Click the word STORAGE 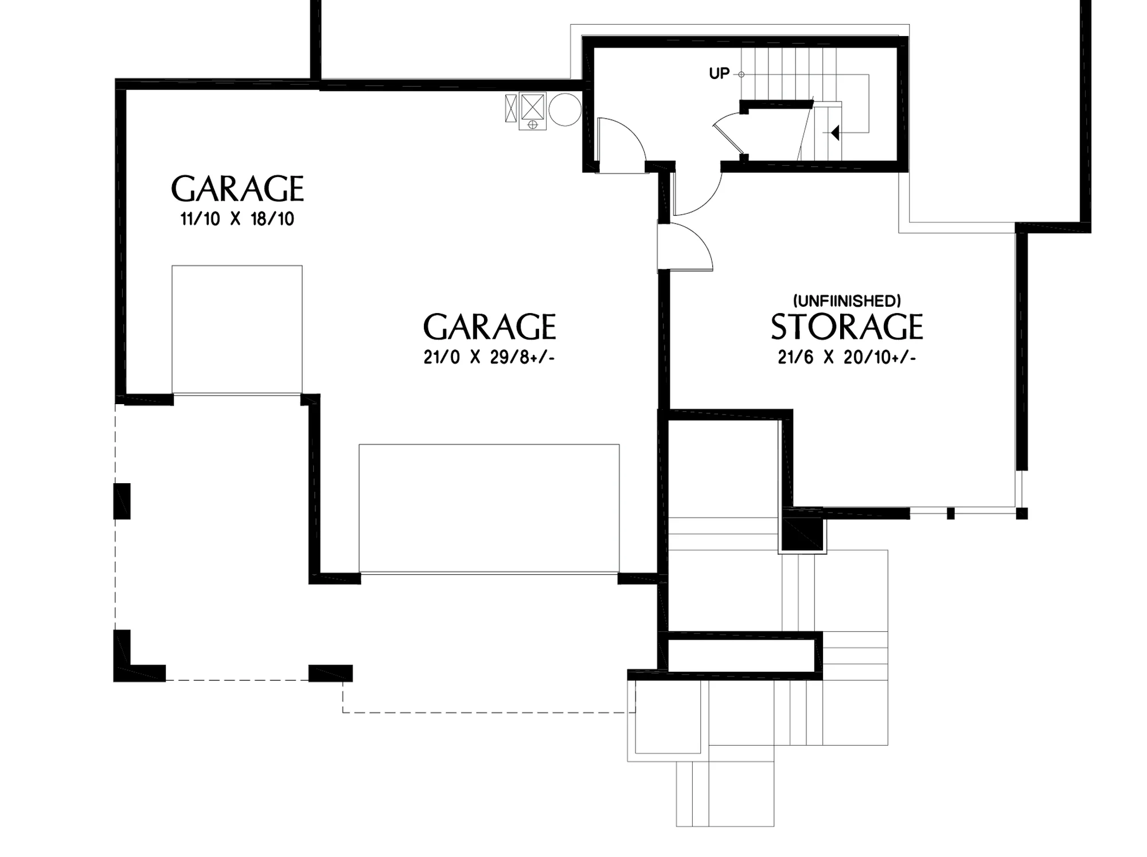pos(846,327)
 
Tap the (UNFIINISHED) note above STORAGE pos(846,300)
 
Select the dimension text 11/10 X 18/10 pos(237,219)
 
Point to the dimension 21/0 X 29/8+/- pos(489,358)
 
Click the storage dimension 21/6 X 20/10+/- pos(846,358)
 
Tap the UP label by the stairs pos(719,73)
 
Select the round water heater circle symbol pos(565,109)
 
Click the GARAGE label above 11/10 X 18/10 pos(237,189)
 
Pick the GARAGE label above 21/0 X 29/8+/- pos(489,327)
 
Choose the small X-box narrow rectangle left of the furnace pos(511,108)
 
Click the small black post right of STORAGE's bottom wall pos(950,514)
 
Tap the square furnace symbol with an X pos(532,106)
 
